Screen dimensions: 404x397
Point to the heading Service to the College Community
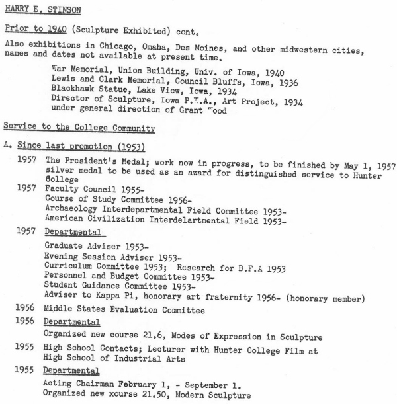point(79,128)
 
